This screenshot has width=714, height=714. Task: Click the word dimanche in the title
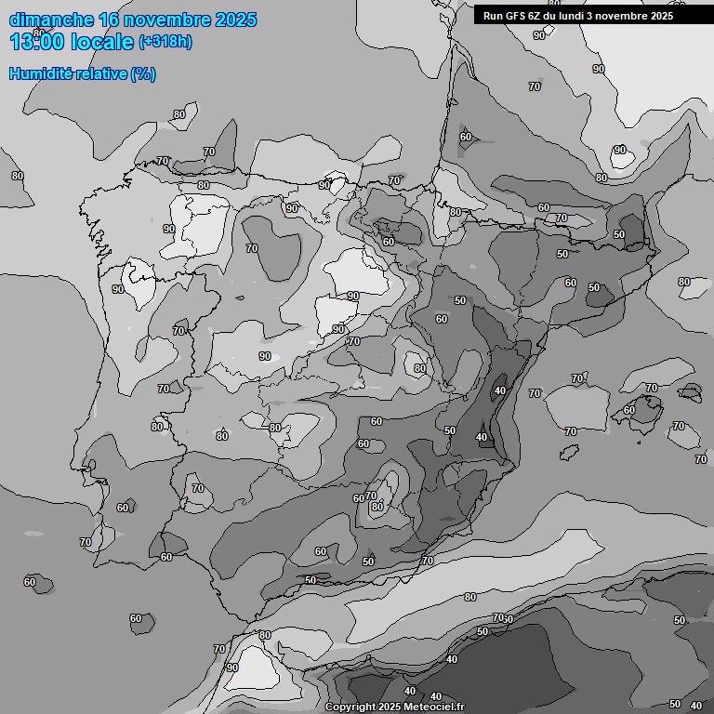coord(51,20)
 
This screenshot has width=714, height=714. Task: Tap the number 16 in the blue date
coord(110,20)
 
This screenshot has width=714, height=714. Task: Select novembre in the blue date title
coord(170,20)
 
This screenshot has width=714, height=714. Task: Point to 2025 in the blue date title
coord(235,20)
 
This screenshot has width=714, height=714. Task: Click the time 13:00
coord(36,42)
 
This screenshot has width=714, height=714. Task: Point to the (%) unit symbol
coord(142,74)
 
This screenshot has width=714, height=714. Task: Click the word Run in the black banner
coord(493,16)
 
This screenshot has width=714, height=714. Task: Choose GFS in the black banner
coord(516,16)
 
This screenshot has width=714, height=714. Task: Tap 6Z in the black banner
coord(538,16)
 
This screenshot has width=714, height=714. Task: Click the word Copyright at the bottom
coord(352,707)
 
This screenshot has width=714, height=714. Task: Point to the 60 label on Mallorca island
coord(629,410)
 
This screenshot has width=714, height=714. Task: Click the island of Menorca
coord(691,391)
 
